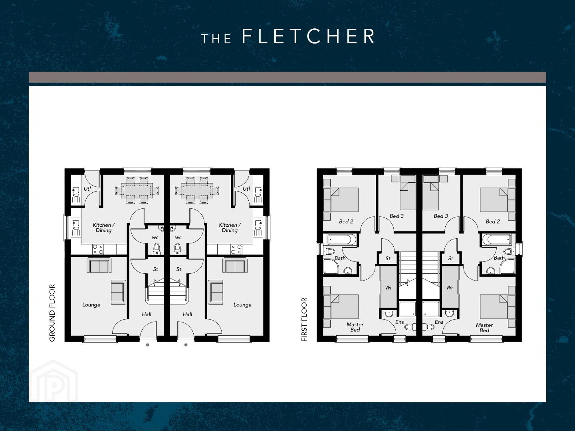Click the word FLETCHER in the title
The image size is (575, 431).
[x=308, y=36]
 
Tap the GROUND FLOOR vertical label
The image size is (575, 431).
[x=52, y=313]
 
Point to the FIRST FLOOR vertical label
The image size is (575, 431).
[x=304, y=320]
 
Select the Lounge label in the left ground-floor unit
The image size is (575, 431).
[x=91, y=305]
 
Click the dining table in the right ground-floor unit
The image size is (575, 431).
[x=197, y=190]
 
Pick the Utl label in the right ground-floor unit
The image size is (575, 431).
[x=246, y=189]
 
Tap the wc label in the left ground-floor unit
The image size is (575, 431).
[x=155, y=237]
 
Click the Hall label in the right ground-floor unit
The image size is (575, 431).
[x=188, y=314]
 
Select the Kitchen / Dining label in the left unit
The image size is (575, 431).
[x=104, y=227]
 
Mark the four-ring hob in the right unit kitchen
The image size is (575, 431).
[x=236, y=249]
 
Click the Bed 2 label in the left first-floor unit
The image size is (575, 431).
[x=346, y=221]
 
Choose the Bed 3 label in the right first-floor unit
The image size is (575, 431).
[x=441, y=216]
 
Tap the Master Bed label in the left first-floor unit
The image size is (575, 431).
[x=355, y=327]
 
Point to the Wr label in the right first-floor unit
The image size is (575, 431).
[x=450, y=288]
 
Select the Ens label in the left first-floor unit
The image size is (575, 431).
[x=399, y=322]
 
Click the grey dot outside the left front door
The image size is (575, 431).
[x=147, y=345]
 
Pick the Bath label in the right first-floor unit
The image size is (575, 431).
[x=499, y=258]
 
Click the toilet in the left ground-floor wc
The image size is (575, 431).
[x=157, y=249]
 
